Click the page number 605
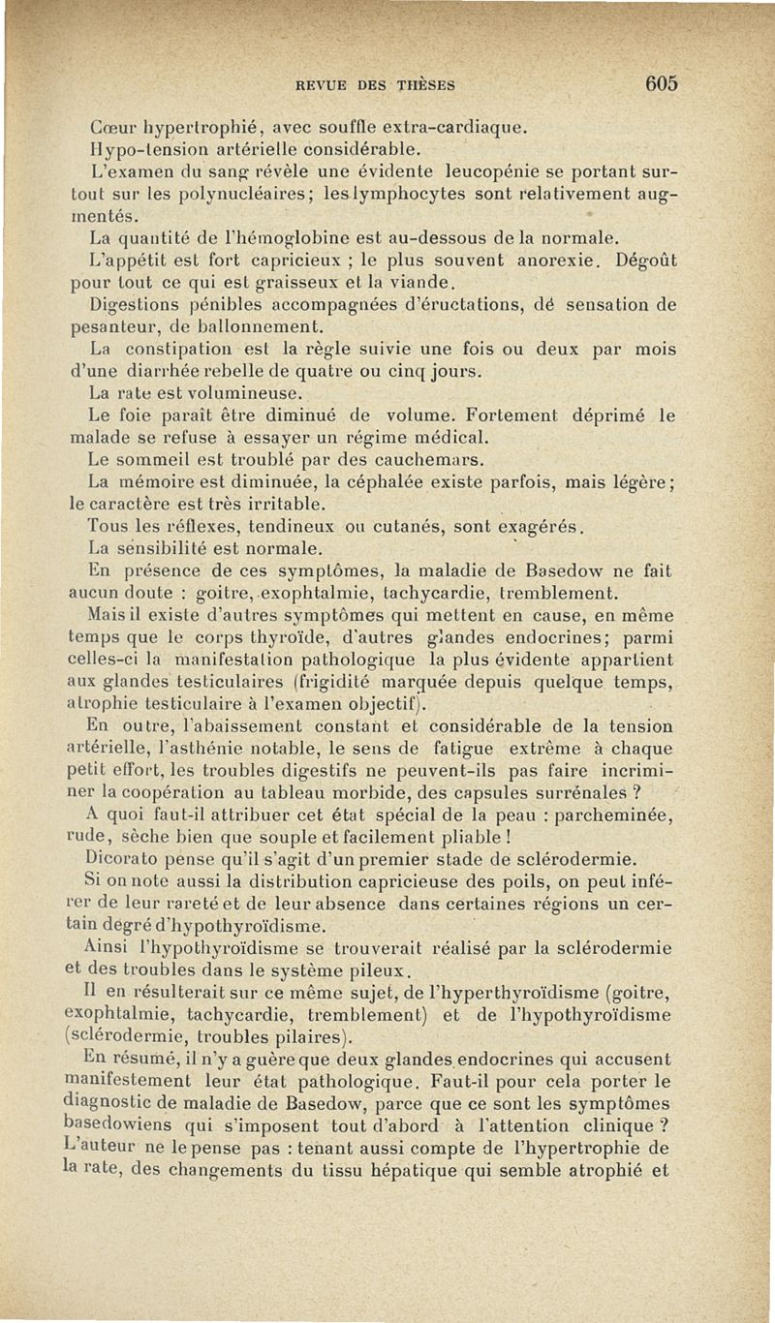pos(658,83)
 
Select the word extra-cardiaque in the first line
pos(454,126)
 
